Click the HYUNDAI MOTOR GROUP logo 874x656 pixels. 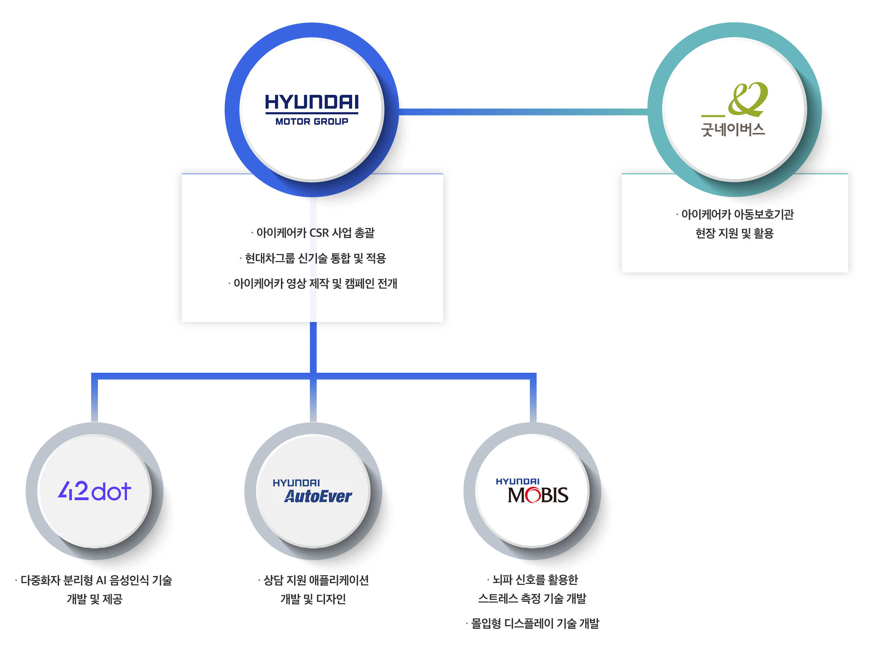[x=312, y=109]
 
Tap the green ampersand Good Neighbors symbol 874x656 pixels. [x=747, y=99]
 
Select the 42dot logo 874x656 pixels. [x=94, y=491]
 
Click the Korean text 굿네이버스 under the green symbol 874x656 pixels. [x=733, y=130]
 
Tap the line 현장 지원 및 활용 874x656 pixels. [x=734, y=233]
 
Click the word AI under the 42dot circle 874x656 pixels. [x=101, y=580]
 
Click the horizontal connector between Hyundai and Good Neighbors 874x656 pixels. [x=522, y=112]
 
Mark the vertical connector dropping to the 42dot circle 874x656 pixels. [x=94, y=399]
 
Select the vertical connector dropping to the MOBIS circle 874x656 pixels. [x=533, y=399]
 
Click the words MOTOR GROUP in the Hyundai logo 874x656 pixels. [x=312, y=122]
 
